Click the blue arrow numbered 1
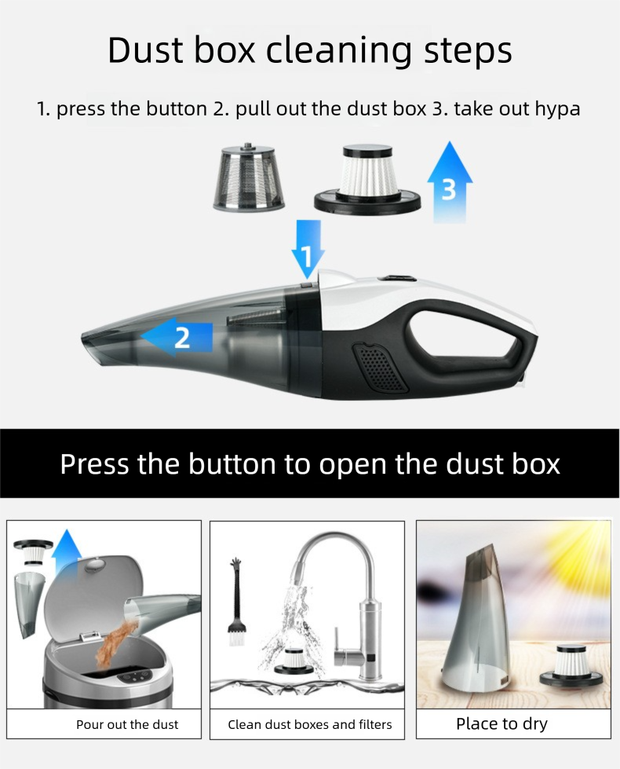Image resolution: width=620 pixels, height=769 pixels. [x=308, y=247]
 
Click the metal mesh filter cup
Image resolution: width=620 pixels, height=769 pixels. [x=249, y=178]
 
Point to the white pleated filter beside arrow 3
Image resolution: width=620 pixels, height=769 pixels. [x=367, y=178]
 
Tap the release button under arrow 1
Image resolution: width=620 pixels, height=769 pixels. [x=306, y=284]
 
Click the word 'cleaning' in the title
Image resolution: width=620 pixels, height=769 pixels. [x=339, y=51]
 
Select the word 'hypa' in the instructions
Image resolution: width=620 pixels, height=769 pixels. [x=557, y=110]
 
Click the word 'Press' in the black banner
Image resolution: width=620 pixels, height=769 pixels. [x=95, y=463]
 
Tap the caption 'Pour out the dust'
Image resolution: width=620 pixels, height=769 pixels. [x=127, y=724]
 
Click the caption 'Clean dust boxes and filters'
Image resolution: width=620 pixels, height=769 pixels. [x=310, y=724]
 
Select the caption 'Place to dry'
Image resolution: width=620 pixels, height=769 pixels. [x=501, y=724]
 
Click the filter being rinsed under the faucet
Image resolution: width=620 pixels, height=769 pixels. [x=294, y=661]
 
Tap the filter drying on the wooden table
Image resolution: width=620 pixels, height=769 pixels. [x=571, y=665]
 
